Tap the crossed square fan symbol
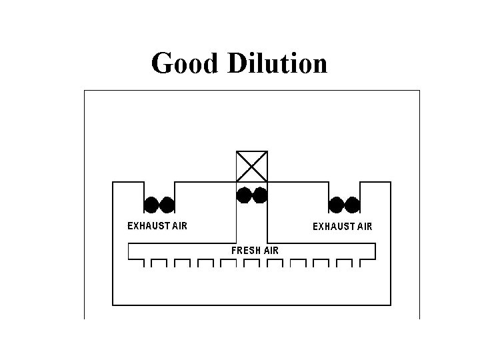pyautogui.click(x=252, y=166)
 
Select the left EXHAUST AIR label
pyautogui.click(x=157, y=225)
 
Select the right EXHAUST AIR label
pyautogui.click(x=343, y=226)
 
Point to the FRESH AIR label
pyautogui.click(x=255, y=251)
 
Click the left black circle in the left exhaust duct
pyautogui.click(x=153, y=204)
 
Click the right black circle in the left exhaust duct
pyautogui.click(x=167, y=204)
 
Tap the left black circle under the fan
pyautogui.click(x=245, y=195)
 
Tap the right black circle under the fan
pyautogui.click(x=259, y=195)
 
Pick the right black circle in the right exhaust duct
pyautogui.click(x=352, y=204)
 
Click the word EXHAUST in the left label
pyautogui.click(x=149, y=225)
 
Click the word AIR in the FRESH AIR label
pyautogui.click(x=271, y=251)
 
